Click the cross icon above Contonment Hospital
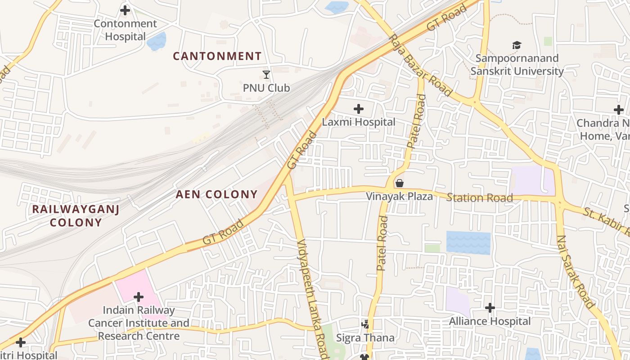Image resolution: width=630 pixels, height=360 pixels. (x=125, y=10)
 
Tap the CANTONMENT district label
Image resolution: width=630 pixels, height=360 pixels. (x=217, y=56)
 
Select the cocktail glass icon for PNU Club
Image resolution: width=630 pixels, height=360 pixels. (x=266, y=75)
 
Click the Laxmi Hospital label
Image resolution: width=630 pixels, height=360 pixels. (x=359, y=122)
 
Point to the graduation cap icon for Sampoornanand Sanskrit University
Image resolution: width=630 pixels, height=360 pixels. (x=517, y=45)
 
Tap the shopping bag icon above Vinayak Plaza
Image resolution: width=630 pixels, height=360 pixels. (x=399, y=183)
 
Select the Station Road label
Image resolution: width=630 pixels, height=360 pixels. (x=480, y=198)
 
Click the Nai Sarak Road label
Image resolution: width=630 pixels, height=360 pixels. (x=576, y=272)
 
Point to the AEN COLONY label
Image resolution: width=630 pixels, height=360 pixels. (x=216, y=194)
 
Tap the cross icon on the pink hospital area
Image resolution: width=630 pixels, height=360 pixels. (x=139, y=297)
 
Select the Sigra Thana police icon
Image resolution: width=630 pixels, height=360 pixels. (x=365, y=324)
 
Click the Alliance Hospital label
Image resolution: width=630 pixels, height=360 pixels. (x=490, y=321)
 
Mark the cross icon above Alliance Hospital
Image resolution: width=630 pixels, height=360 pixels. (x=490, y=308)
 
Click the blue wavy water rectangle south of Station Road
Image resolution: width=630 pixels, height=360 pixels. (x=468, y=243)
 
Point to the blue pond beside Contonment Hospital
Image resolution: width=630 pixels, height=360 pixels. (x=157, y=41)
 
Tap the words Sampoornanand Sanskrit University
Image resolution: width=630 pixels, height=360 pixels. (x=517, y=65)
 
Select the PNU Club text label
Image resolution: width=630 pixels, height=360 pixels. (x=266, y=88)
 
